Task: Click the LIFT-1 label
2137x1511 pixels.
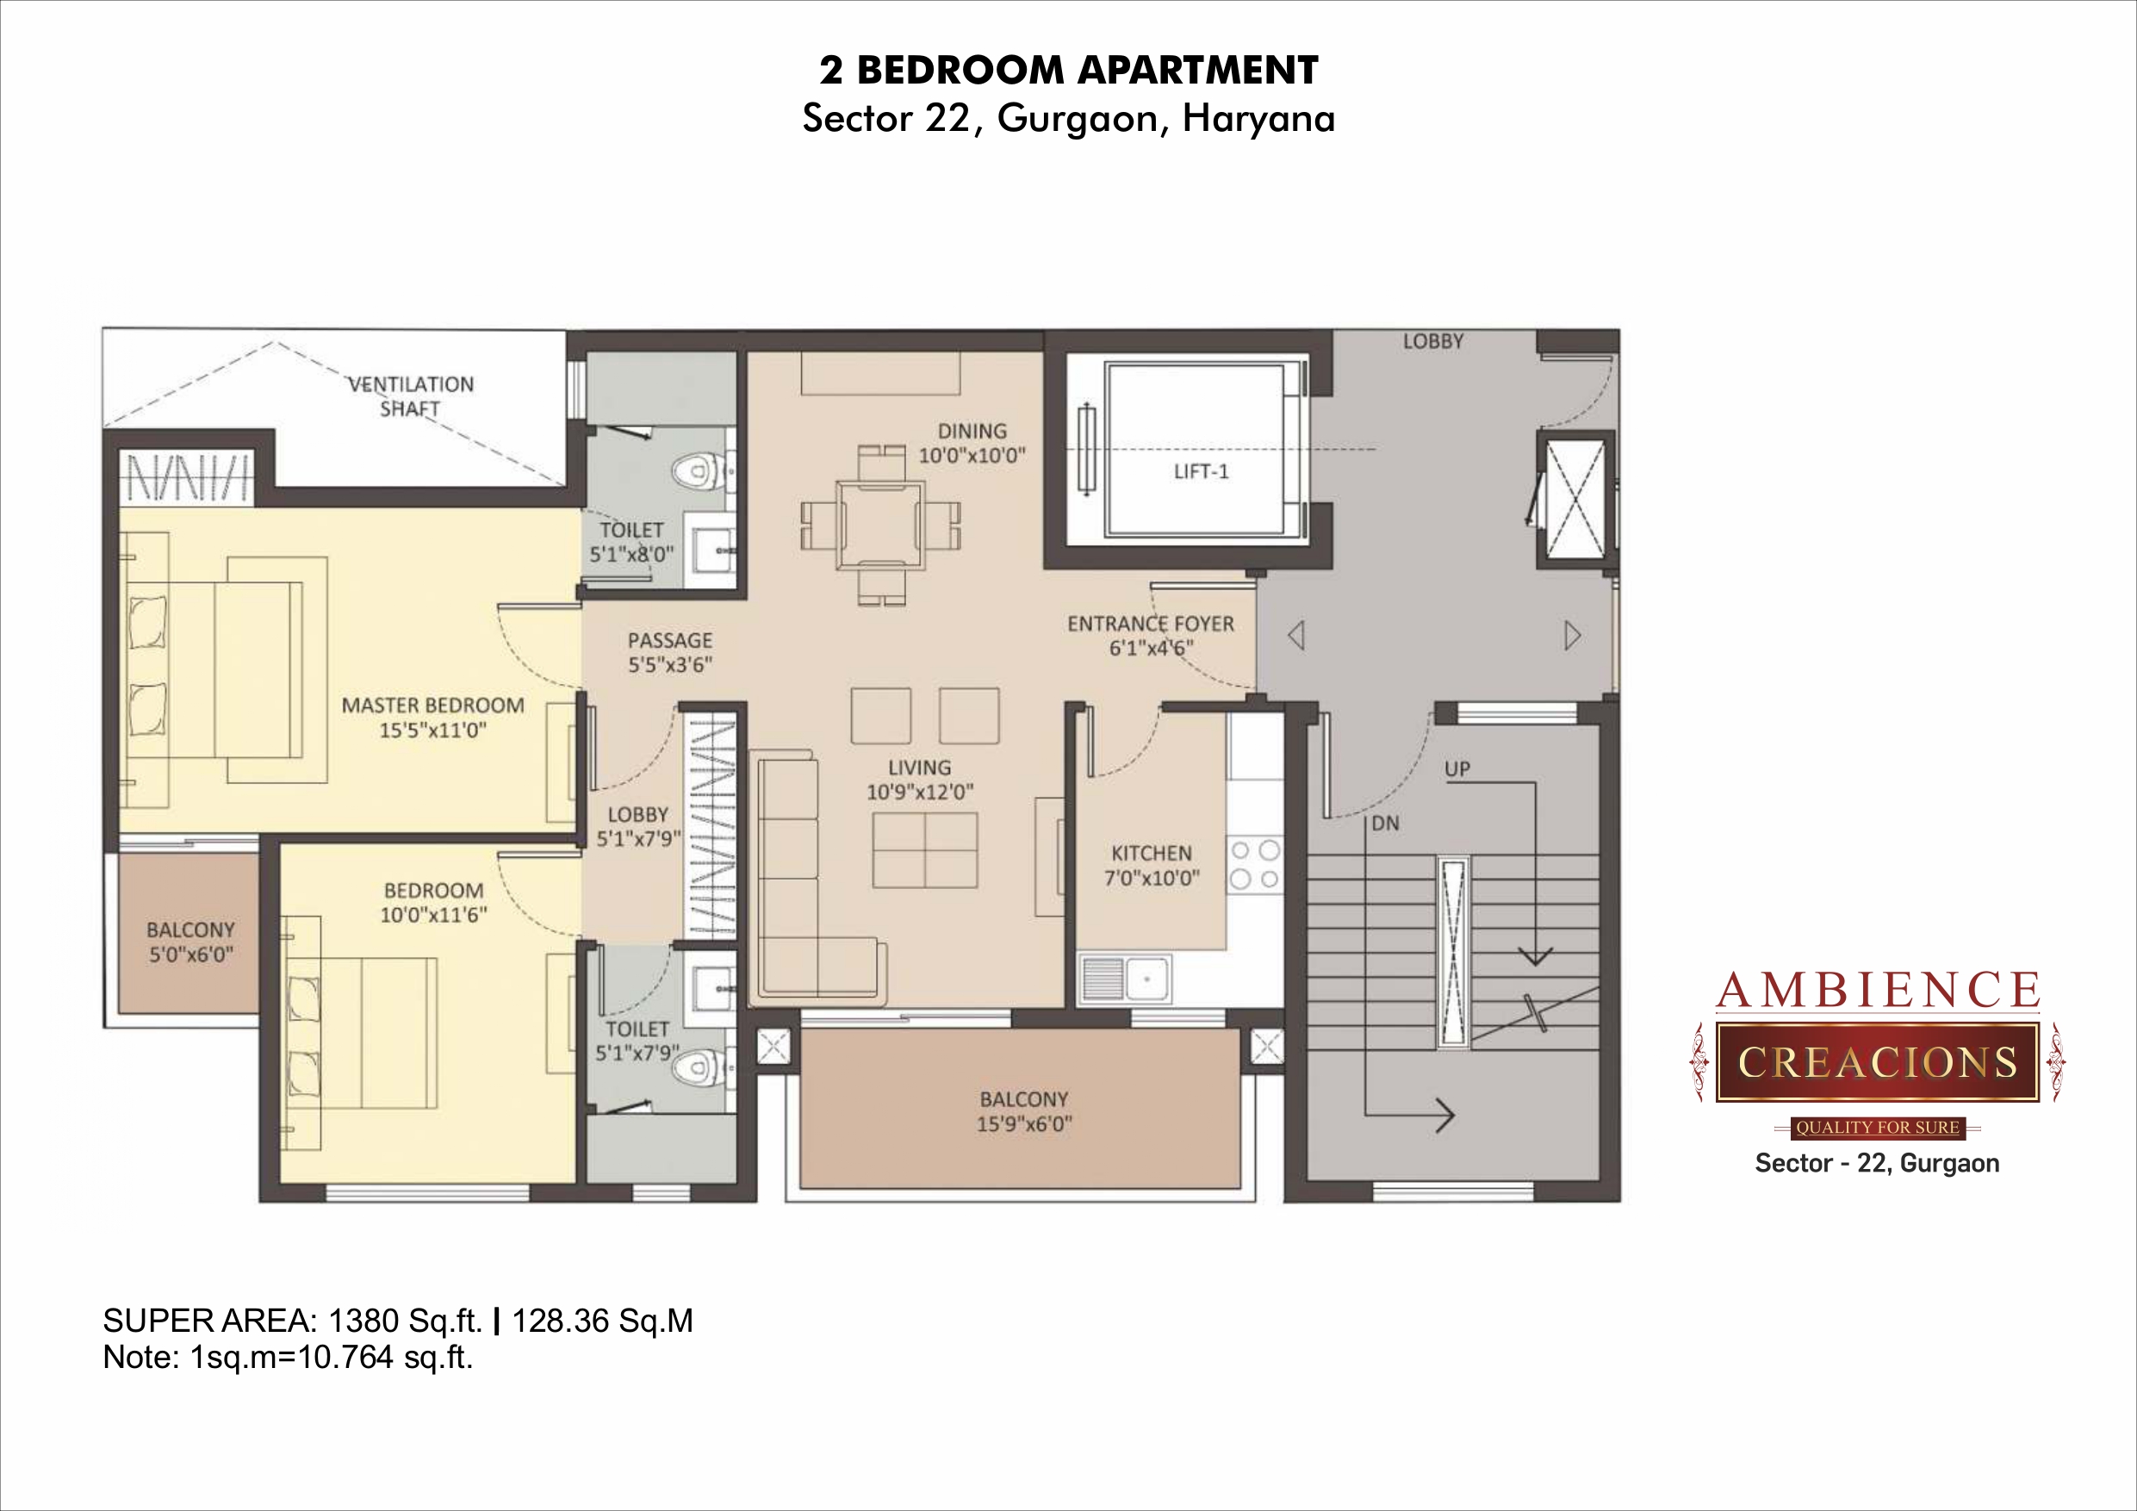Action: pyautogui.click(x=1201, y=472)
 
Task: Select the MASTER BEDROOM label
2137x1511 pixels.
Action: pyautogui.click(x=432, y=706)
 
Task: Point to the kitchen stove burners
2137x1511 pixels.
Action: pyautogui.click(x=1255, y=865)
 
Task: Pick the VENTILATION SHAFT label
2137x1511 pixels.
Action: pyautogui.click(x=411, y=395)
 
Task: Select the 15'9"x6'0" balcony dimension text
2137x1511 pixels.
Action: pyautogui.click(x=1024, y=1123)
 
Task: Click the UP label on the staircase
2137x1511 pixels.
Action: pyautogui.click(x=1457, y=769)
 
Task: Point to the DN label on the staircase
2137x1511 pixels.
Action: pyautogui.click(x=1385, y=823)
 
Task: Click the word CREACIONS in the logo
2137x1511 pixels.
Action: pyautogui.click(x=1878, y=1062)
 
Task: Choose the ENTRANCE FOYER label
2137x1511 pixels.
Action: pyautogui.click(x=1151, y=624)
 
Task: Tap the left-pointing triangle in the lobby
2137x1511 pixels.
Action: pyautogui.click(x=1295, y=636)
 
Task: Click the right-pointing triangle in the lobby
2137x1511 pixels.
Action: pyautogui.click(x=1573, y=636)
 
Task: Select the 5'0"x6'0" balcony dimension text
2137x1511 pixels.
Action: pyautogui.click(x=191, y=954)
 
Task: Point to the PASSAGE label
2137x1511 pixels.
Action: pyautogui.click(x=669, y=641)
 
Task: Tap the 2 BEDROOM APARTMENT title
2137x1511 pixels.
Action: pyautogui.click(x=1068, y=71)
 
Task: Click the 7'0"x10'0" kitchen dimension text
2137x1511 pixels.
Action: pyautogui.click(x=1152, y=877)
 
